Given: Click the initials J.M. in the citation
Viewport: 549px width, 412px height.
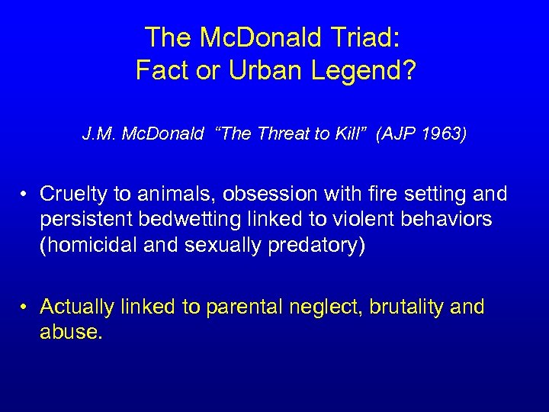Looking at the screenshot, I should pos(97,135).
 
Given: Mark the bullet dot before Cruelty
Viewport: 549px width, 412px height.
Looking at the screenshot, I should pos(25,196).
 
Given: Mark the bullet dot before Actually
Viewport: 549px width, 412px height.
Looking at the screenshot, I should pos(25,307).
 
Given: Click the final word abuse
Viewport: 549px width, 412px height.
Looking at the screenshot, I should pos(69,333).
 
